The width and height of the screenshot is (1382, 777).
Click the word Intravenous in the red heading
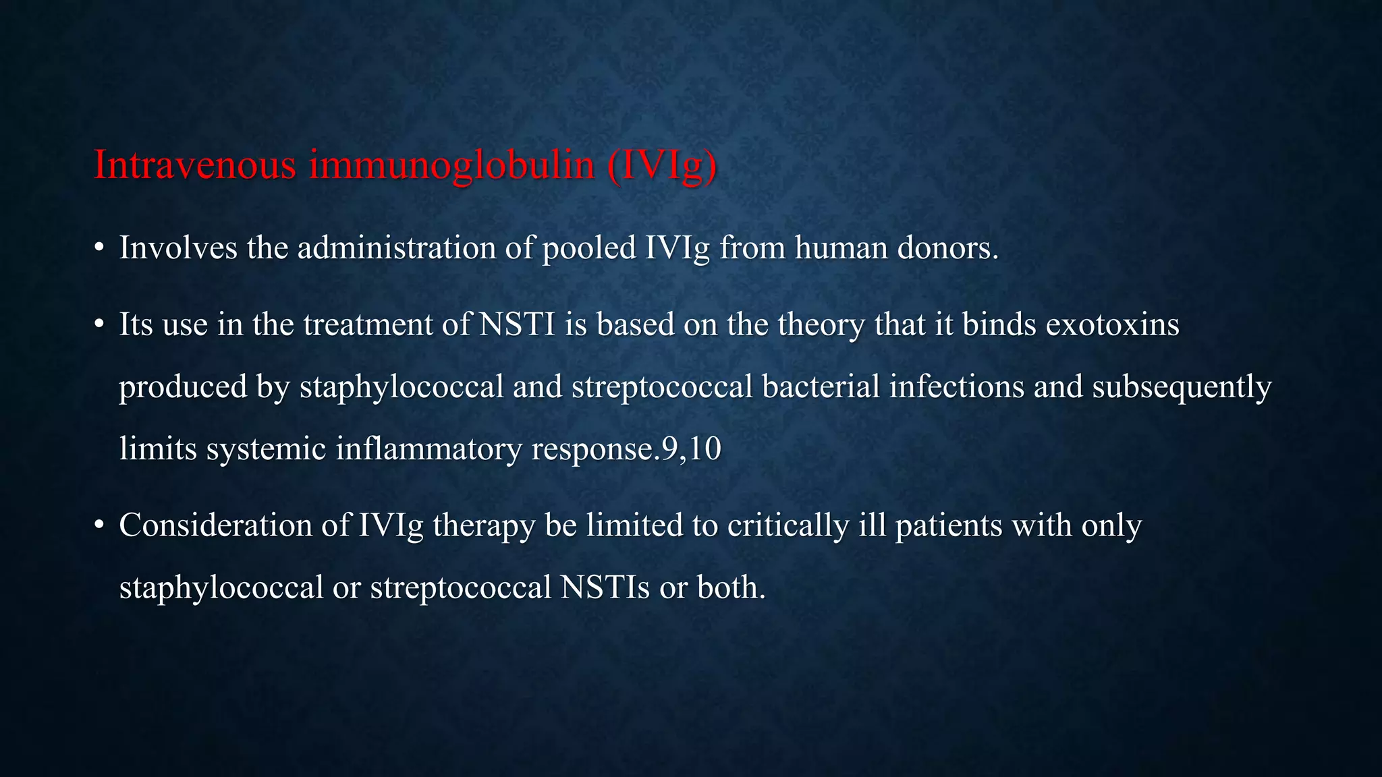point(194,164)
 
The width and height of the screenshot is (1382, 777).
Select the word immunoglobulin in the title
point(451,164)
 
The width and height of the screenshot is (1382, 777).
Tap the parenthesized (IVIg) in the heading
point(661,164)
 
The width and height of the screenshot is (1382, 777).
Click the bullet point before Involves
point(99,248)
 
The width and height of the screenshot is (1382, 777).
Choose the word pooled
point(589,248)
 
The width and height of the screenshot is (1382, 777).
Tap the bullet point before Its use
point(99,325)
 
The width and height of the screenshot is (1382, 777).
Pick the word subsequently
point(1182,386)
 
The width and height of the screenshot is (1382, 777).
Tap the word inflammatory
point(429,449)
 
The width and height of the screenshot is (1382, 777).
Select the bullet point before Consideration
point(99,525)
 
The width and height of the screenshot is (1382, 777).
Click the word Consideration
point(215,525)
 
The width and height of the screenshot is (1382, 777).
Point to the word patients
point(949,525)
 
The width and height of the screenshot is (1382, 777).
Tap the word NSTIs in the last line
point(605,587)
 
